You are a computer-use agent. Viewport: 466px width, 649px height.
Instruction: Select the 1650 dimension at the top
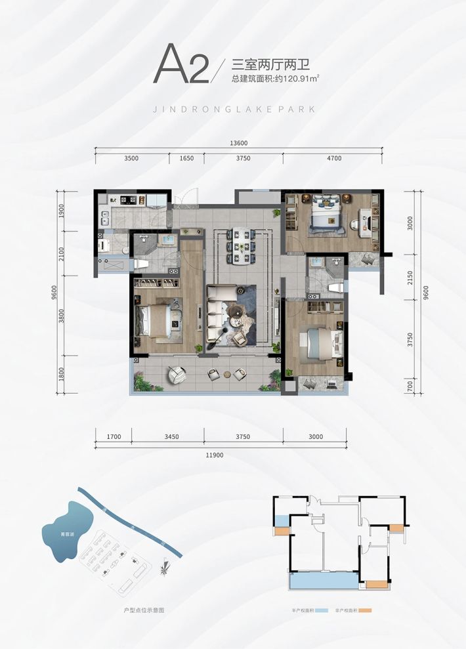point(186,159)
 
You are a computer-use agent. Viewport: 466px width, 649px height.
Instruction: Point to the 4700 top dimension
point(333,159)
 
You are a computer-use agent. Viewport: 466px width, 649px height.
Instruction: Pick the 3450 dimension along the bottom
point(167,436)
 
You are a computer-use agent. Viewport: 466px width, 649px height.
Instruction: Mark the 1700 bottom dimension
point(113,436)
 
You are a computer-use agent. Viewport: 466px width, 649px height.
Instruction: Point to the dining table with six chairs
point(239,246)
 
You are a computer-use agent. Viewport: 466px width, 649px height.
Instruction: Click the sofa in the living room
point(217,315)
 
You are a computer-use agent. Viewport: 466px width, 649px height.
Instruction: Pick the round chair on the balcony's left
point(176,375)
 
